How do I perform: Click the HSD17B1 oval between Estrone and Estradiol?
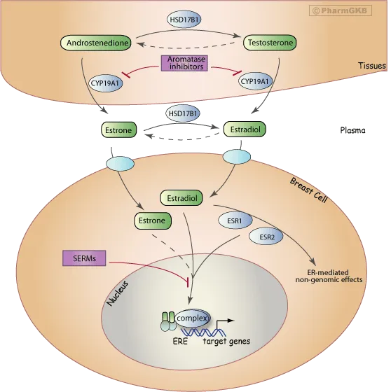tap(182, 112)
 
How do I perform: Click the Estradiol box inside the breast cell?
tap(181, 199)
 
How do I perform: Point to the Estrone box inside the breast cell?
tap(150, 221)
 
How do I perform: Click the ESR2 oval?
tap(267, 237)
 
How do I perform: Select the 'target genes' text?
tap(226, 342)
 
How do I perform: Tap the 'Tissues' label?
tap(369, 67)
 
